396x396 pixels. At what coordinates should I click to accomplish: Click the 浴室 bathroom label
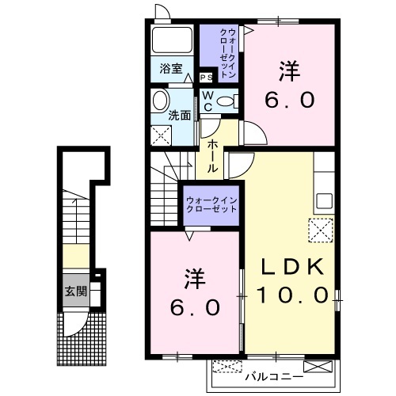click(171, 69)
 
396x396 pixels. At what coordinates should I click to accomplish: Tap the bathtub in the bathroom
click(172, 40)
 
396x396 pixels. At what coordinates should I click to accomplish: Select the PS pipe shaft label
click(206, 78)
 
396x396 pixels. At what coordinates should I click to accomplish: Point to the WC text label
click(208, 101)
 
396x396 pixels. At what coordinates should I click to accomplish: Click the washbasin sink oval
click(160, 101)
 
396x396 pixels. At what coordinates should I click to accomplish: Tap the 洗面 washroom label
click(180, 115)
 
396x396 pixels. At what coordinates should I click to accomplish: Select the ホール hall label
click(212, 156)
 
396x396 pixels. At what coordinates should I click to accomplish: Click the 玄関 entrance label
click(76, 291)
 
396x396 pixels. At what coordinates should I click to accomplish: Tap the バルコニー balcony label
click(274, 377)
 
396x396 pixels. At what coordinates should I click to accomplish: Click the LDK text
click(292, 267)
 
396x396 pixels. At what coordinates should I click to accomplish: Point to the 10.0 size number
click(292, 295)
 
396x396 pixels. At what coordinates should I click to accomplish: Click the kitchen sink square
click(325, 200)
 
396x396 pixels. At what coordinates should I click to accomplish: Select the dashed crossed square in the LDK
click(321, 230)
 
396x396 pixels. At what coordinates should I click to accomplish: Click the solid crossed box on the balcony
click(318, 367)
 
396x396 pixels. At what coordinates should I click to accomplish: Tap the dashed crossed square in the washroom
click(161, 135)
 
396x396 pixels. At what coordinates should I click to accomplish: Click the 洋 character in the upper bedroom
click(290, 70)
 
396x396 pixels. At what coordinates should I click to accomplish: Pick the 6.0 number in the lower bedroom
click(195, 307)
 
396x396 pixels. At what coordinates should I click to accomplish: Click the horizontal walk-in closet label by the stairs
click(211, 204)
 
